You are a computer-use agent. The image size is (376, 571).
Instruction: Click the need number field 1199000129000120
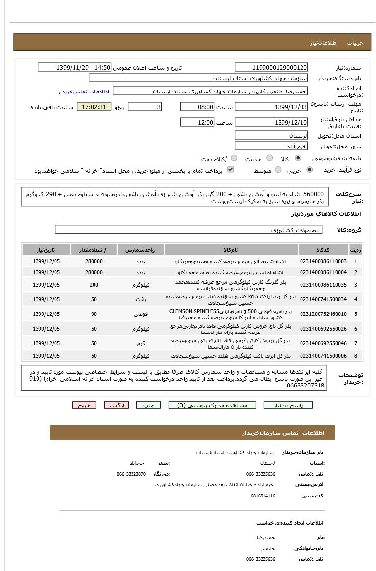coord(271,68)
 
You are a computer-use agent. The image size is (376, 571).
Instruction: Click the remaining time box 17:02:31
coord(94,107)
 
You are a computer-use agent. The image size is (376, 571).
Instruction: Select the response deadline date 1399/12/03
coord(271,107)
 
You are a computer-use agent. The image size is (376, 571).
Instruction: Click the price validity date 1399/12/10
coord(271,122)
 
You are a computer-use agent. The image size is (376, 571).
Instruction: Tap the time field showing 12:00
coord(197,122)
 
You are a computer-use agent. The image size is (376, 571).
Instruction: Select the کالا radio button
coord(298,158)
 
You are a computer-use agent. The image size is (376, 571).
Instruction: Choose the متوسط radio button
coord(278,170)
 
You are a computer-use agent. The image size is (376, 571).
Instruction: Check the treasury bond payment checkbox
coord(231,170)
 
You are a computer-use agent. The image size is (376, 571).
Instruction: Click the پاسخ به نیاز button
coord(288,405)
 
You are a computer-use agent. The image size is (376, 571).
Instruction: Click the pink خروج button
coord(84,405)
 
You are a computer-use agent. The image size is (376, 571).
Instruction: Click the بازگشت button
coord(116,405)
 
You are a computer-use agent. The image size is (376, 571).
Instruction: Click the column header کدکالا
coord(323,250)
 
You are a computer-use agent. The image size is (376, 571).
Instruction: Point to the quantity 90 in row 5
coord(94,314)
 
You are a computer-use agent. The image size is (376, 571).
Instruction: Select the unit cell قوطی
coord(141,314)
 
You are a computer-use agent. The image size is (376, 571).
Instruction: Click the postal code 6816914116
coord(263,496)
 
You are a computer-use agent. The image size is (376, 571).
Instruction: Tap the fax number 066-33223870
coord(131,474)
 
